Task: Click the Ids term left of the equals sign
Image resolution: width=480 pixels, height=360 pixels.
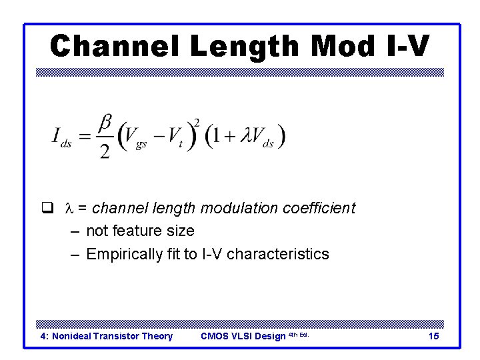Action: (61, 137)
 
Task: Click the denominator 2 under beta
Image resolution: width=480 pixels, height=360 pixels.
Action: (105, 151)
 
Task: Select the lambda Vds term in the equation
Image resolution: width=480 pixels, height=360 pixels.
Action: (257, 137)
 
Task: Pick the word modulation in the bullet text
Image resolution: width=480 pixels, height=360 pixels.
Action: (233, 208)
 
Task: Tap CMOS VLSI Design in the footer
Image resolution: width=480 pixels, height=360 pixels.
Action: (243, 336)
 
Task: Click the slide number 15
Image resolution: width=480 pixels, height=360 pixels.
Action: (433, 336)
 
